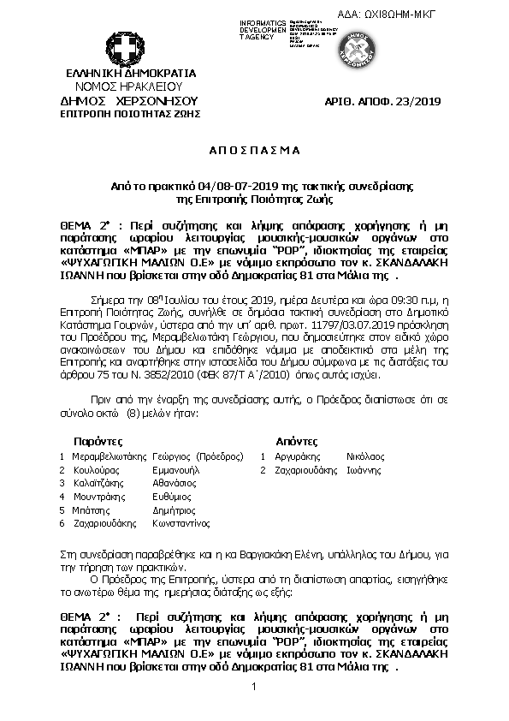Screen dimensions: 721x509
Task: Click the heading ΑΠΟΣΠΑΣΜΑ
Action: coord(254,150)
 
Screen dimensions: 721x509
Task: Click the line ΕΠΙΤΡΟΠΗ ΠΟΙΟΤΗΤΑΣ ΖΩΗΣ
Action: coord(129,112)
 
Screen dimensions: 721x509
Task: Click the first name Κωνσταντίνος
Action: coord(181,522)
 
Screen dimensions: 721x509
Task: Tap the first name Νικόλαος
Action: coord(365,456)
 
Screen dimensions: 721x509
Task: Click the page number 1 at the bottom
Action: coord(254,688)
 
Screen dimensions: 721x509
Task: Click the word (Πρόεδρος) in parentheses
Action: coord(219,456)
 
